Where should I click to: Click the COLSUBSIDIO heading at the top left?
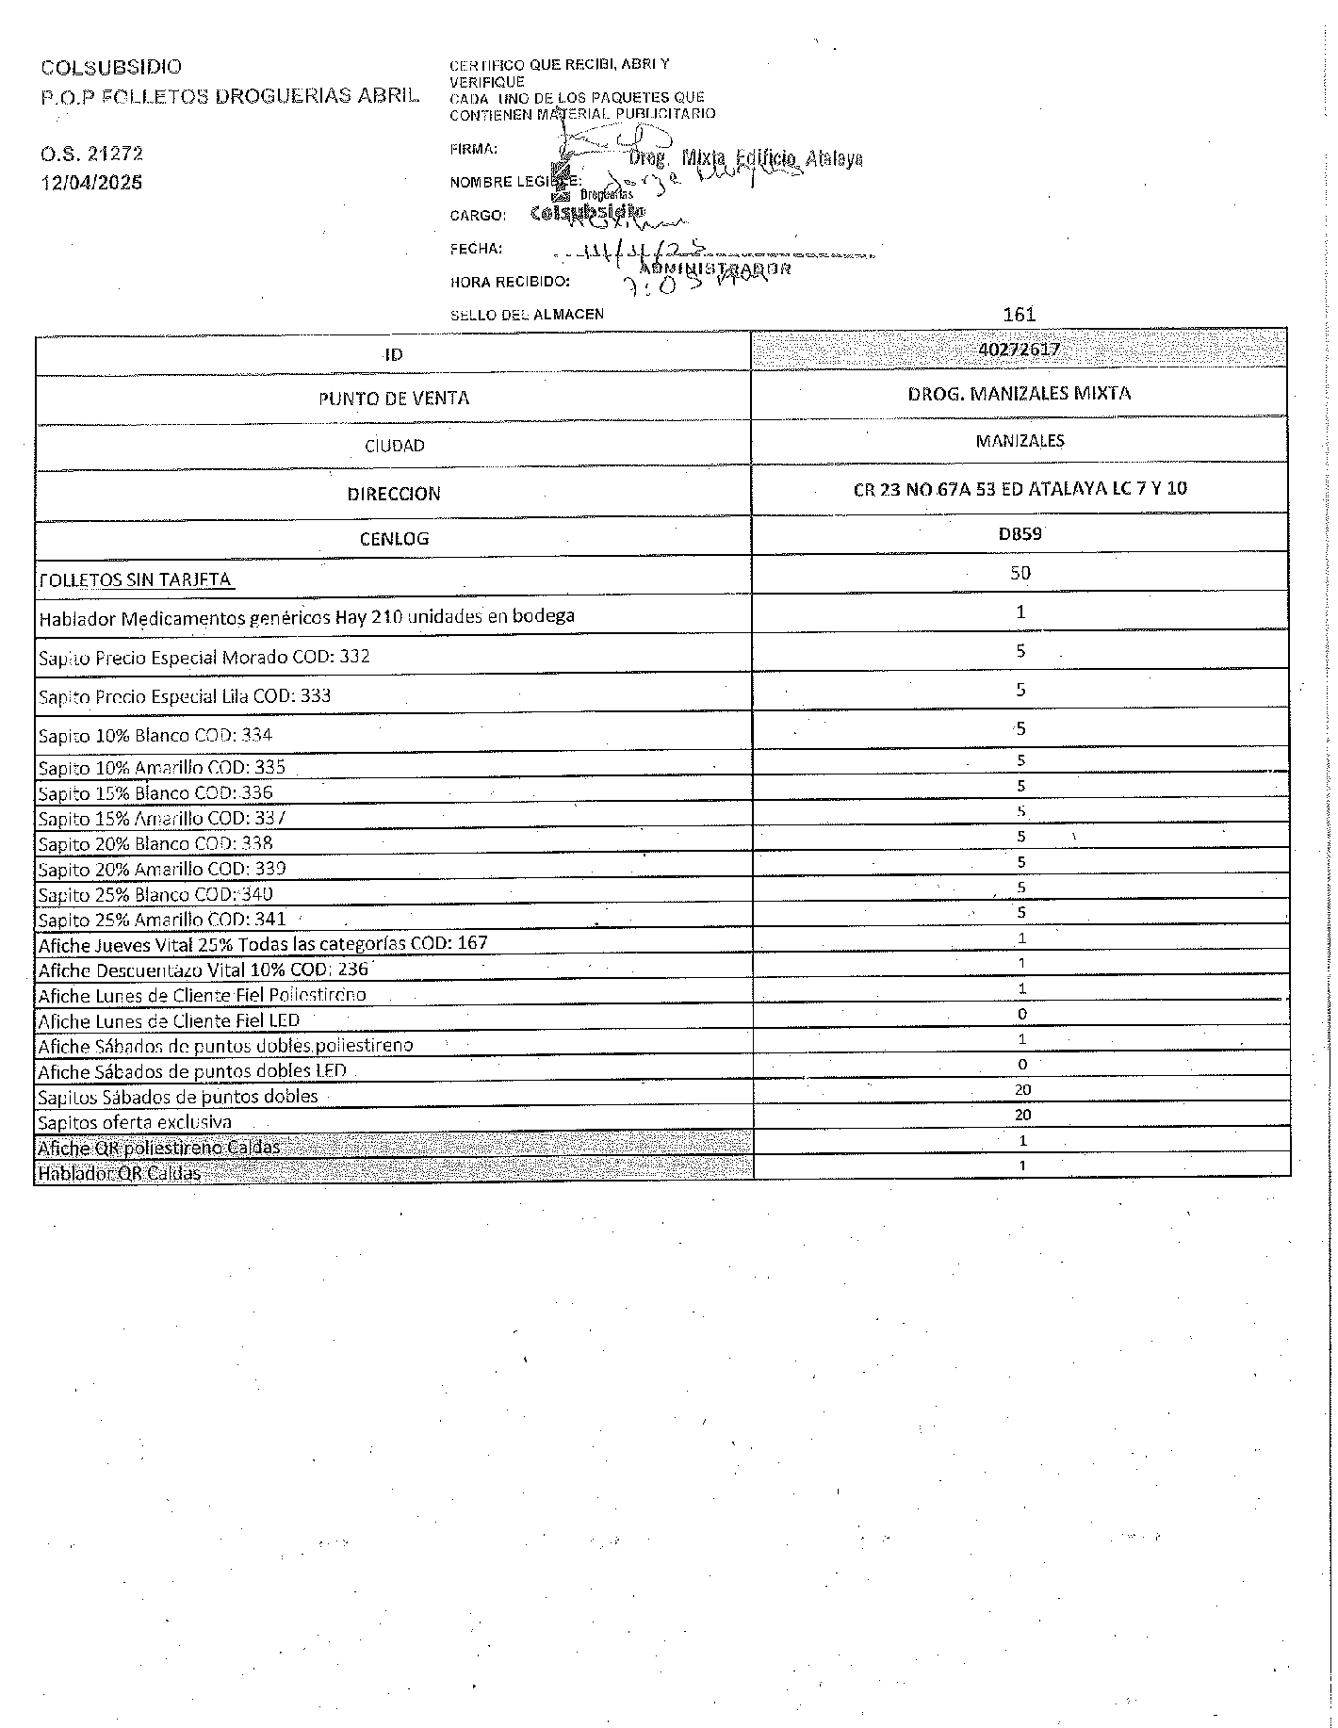click(111, 67)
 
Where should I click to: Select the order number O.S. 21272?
click(91, 154)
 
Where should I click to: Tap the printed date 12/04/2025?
click(91, 182)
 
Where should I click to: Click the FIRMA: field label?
click(473, 149)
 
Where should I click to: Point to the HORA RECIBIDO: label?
click(510, 281)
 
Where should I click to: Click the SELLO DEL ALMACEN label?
click(527, 314)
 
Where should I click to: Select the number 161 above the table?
click(1020, 314)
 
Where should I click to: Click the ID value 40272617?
click(1020, 350)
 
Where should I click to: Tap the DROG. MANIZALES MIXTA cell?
click(1020, 393)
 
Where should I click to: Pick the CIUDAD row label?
click(394, 445)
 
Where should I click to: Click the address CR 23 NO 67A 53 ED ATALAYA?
click(1020, 488)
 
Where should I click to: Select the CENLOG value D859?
click(1020, 533)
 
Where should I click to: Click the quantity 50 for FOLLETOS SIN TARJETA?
click(1020, 572)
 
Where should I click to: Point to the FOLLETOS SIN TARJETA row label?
click(135, 579)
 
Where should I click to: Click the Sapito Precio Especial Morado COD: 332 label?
click(204, 657)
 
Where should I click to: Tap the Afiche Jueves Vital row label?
click(263, 943)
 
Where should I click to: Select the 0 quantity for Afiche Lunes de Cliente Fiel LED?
click(1021, 1014)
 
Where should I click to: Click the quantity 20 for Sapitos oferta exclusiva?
click(1022, 1115)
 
